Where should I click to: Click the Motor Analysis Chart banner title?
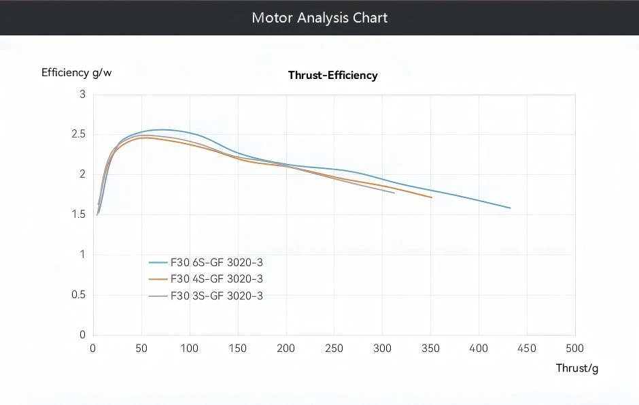click(x=319, y=18)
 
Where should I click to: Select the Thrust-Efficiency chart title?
click(x=332, y=76)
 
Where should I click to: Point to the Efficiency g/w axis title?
click(x=76, y=73)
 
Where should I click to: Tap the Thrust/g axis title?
click(x=577, y=368)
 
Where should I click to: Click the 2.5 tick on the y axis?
click(x=79, y=134)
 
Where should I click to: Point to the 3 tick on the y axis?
click(x=83, y=95)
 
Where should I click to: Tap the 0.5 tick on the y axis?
click(x=79, y=295)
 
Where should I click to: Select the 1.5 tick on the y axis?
click(x=79, y=214)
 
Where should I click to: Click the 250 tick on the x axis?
click(x=334, y=349)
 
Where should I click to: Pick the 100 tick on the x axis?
click(x=189, y=349)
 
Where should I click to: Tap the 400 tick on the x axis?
click(x=479, y=349)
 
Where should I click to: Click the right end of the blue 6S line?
click(x=510, y=208)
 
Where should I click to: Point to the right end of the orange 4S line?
click(x=431, y=197)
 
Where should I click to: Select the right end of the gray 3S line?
click(x=394, y=193)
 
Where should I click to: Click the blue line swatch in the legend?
click(x=158, y=262)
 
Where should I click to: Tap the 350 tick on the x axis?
click(x=430, y=349)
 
